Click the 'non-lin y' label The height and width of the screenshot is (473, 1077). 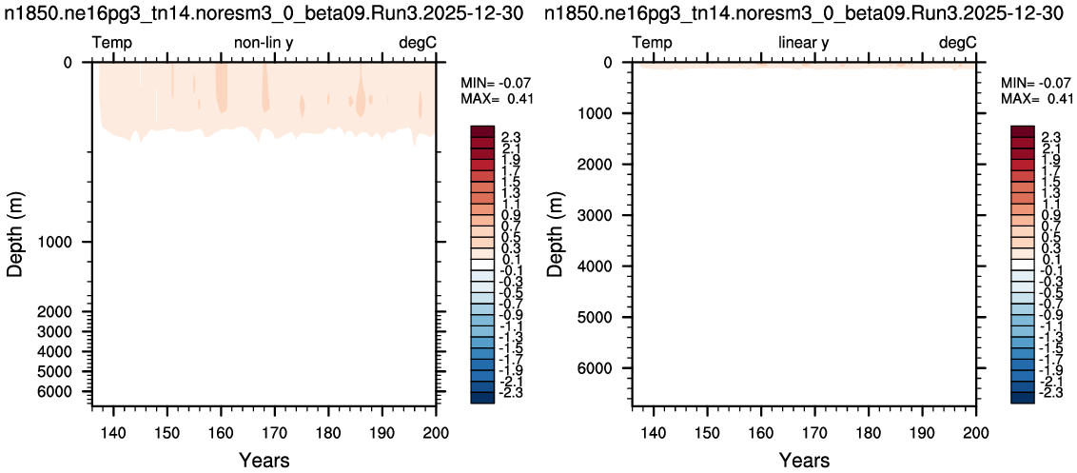coord(264,44)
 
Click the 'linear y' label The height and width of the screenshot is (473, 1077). coord(804,44)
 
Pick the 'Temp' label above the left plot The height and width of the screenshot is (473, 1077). coord(112,44)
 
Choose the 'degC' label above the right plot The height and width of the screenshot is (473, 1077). coord(957,44)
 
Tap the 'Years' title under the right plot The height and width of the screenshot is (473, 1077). coord(804,460)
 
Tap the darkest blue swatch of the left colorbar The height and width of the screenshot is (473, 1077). coord(482,398)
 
